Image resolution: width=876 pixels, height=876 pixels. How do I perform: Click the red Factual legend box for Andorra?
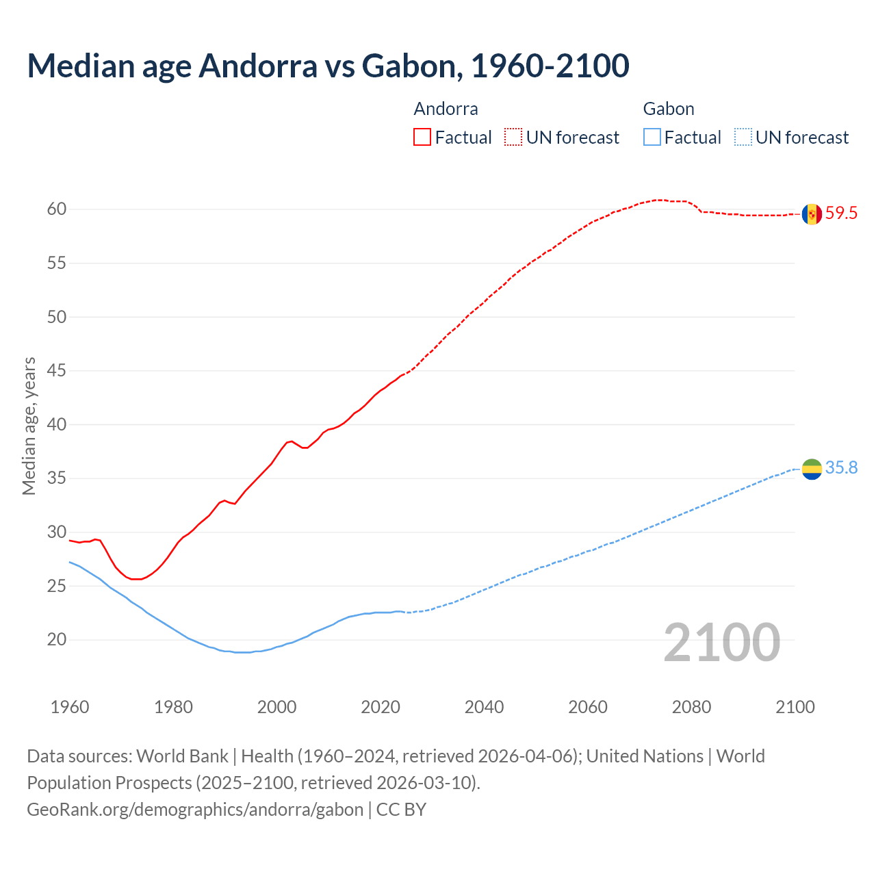pos(422,138)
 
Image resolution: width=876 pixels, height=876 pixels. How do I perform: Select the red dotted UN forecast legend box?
pos(513,138)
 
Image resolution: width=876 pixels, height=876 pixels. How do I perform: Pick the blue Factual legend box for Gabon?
pos(652,138)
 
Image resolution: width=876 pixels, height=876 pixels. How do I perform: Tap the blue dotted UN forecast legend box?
pos(743,138)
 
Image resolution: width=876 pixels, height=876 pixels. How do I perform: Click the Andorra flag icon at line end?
pos(812,214)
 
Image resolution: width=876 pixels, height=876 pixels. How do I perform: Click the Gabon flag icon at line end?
pos(812,469)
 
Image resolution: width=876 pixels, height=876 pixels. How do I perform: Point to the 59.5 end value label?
pos(841,214)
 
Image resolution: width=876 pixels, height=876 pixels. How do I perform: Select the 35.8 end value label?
pos(841,468)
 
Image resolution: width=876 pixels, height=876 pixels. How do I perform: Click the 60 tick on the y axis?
pos(57,209)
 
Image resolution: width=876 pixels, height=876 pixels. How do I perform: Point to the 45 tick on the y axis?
pos(57,371)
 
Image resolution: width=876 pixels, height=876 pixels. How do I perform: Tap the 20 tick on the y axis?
pos(57,640)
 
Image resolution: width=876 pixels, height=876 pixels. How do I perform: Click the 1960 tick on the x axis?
pos(70,707)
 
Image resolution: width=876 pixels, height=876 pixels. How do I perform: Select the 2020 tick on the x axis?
pos(381,707)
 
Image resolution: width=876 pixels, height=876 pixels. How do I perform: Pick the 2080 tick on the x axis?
pos(691,707)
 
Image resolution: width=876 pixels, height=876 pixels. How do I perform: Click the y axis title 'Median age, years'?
pos(29,426)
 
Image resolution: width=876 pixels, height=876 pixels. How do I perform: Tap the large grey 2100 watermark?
pos(722,643)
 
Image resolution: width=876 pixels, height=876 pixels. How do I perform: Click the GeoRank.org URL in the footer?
pos(195,810)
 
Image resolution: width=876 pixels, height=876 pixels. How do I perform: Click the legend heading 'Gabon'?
pos(669,109)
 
